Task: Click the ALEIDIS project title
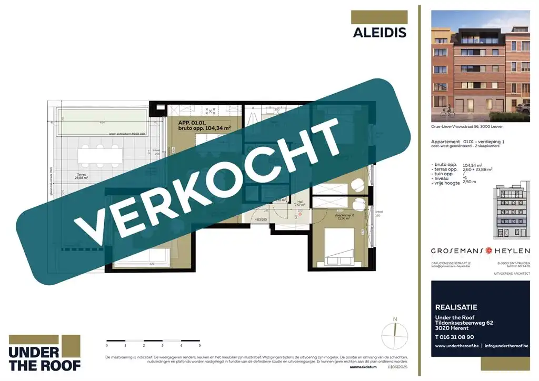tap(379, 32)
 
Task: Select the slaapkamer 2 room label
tap(333, 216)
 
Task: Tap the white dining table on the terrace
tap(102, 155)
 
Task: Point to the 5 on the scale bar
tap(199, 346)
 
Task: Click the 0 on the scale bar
tap(107, 346)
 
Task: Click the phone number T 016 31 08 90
tap(454, 337)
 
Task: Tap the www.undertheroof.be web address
tap(457, 346)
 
